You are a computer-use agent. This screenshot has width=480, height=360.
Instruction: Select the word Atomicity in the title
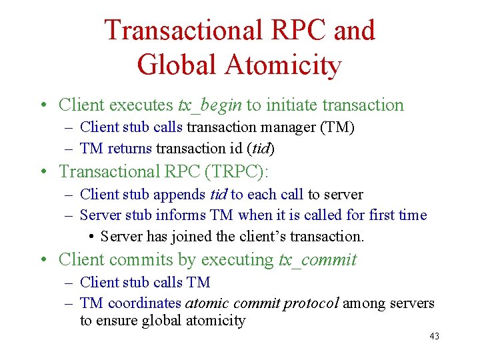tap(283, 65)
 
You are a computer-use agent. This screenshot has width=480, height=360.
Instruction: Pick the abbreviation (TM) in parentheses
tap(337, 127)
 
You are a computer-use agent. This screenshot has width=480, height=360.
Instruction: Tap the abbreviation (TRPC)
tap(235, 171)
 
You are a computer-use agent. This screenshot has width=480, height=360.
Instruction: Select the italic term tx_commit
tap(318, 259)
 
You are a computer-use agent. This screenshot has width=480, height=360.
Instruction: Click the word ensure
tap(115, 321)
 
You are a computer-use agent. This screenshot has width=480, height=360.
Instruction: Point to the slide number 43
tap(434, 337)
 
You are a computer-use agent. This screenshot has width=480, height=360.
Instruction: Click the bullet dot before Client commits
tap(42, 260)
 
